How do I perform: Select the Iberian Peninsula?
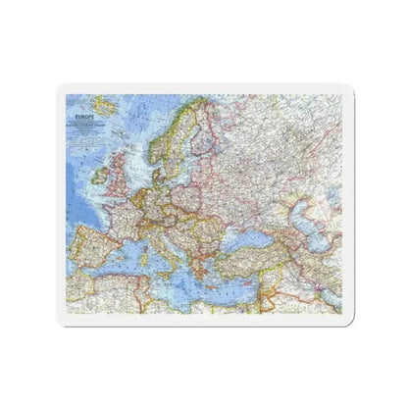98,251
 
